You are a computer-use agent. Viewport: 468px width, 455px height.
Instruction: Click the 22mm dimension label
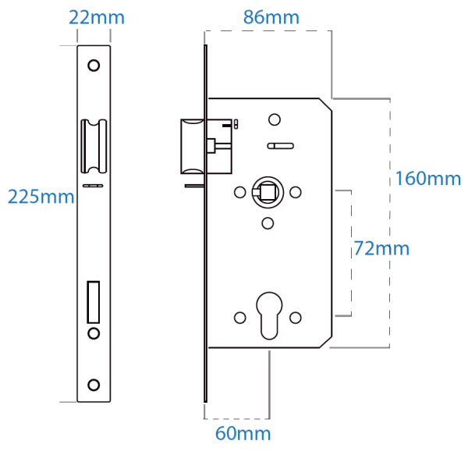click(x=96, y=16)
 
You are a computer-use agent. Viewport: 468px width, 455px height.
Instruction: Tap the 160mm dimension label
click(x=427, y=178)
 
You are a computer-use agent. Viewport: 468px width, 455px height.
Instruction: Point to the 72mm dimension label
click(x=381, y=249)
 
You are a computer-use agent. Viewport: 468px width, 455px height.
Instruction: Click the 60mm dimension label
click(x=243, y=433)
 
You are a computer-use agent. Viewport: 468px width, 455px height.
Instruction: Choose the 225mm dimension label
click(x=41, y=197)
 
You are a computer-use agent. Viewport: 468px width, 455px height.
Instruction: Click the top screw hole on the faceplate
click(x=94, y=66)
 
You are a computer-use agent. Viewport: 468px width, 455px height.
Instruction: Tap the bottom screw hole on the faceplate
click(x=94, y=384)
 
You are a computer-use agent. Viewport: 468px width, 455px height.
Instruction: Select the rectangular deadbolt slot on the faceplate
click(x=94, y=302)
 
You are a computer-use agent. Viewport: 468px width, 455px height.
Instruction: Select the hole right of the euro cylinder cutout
click(x=296, y=318)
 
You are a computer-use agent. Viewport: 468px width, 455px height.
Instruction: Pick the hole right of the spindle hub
click(x=296, y=192)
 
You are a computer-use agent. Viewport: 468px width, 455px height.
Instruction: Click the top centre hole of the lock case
click(x=274, y=119)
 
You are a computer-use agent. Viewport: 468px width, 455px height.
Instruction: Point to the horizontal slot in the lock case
click(x=278, y=145)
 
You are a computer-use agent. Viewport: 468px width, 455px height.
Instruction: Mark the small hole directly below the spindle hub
click(x=268, y=223)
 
